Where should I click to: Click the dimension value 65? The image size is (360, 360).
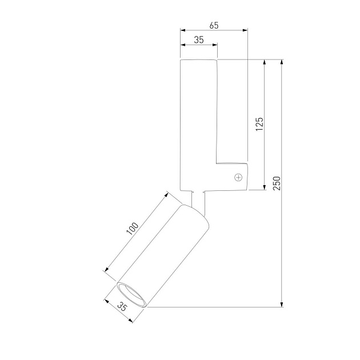pos(214,26)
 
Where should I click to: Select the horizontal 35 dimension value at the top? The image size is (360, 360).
pos(199,40)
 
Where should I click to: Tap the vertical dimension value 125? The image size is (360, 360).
pos(259,124)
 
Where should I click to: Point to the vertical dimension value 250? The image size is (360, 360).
pos(277,183)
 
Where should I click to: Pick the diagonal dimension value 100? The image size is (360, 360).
pos(133,229)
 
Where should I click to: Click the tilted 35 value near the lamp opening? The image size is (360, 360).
pos(122,306)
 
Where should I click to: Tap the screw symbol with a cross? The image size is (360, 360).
pos(238,177)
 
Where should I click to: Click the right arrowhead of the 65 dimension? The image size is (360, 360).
pos(245,30)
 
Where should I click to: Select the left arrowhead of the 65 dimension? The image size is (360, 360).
pos(183,30)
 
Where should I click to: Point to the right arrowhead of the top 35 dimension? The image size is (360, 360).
pos(215,45)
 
